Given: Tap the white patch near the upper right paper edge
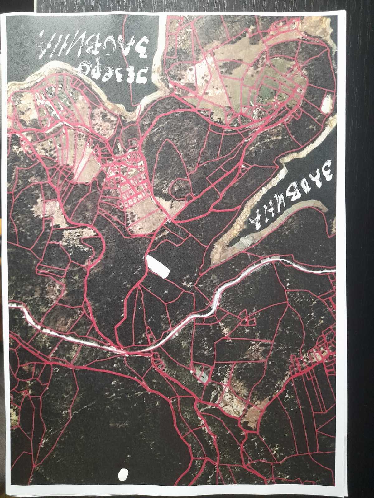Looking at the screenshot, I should click(x=326, y=104).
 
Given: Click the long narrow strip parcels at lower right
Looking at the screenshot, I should click(x=315, y=392).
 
